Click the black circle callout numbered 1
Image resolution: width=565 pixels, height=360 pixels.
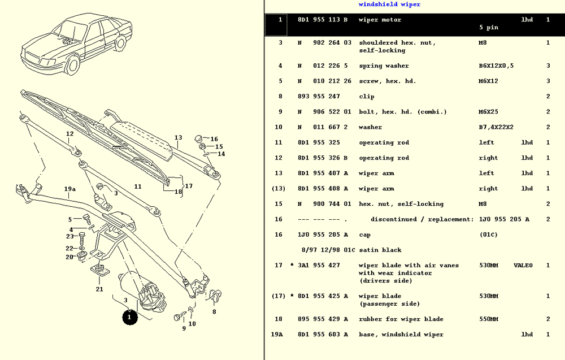(x=129, y=318)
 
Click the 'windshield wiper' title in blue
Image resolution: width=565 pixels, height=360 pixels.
(x=389, y=5)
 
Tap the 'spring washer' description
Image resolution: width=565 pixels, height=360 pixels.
(x=384, y=66)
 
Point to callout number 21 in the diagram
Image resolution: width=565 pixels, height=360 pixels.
(x=99, y=289)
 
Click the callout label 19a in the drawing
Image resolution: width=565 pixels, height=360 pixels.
(x=69, y=189)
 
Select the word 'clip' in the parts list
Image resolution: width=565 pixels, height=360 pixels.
(x=367, y=97)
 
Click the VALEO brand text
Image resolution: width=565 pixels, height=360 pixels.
(x=523, y=266)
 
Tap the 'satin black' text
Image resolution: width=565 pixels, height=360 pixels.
(x=380, y=250)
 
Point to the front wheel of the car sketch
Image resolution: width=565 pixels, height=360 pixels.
(x=72, y=65)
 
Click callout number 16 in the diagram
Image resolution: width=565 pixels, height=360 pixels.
(x=214, y=139)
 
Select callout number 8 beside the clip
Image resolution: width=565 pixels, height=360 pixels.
(x=214, y=311)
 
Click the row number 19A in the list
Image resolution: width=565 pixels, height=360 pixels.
(x=277, y=335)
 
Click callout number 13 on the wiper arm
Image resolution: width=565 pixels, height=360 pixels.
(x=178, y=137)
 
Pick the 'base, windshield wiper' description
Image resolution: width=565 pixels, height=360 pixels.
(x=401, y=335)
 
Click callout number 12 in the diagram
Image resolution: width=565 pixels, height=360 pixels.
(x=69, y=135)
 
